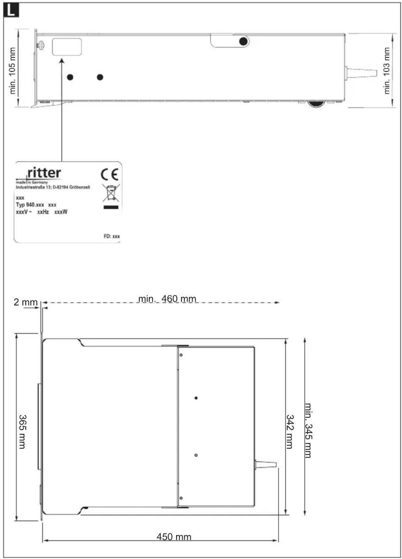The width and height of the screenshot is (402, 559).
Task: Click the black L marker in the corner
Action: pyautogui.click(x=11, y=11)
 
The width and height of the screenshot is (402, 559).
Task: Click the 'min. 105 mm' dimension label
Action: pyautogui.click(x=12, y=71)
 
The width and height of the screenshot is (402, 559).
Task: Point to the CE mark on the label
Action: pyautogui.click(x=109, y=175)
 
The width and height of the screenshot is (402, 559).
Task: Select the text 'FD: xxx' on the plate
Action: pyautogui.click(x=111, y=236)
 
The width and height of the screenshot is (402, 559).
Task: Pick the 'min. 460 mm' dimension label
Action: pyautogui.click(x=167, y=299)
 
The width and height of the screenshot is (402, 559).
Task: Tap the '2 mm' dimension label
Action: pyautogui.click(x=25, y=302)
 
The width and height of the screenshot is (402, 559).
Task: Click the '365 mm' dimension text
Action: pyautogui.click(x=23, y=432)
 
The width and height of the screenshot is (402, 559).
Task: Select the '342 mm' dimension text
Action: pyautogui.click(x=290, y=432)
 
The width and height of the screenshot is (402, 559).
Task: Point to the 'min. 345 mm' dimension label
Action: pyautogui.click(x=309, y=430)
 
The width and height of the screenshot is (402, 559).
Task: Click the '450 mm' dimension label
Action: pyautogui.click(x=174, y=536)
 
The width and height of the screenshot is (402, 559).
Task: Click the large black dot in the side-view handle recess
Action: pyautogui.click(x=243, y=41)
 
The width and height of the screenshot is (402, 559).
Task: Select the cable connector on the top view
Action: pyautogui.click(x=265, y=465)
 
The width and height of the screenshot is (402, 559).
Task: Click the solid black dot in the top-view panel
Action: pyautogui.click(x=196, y=398)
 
